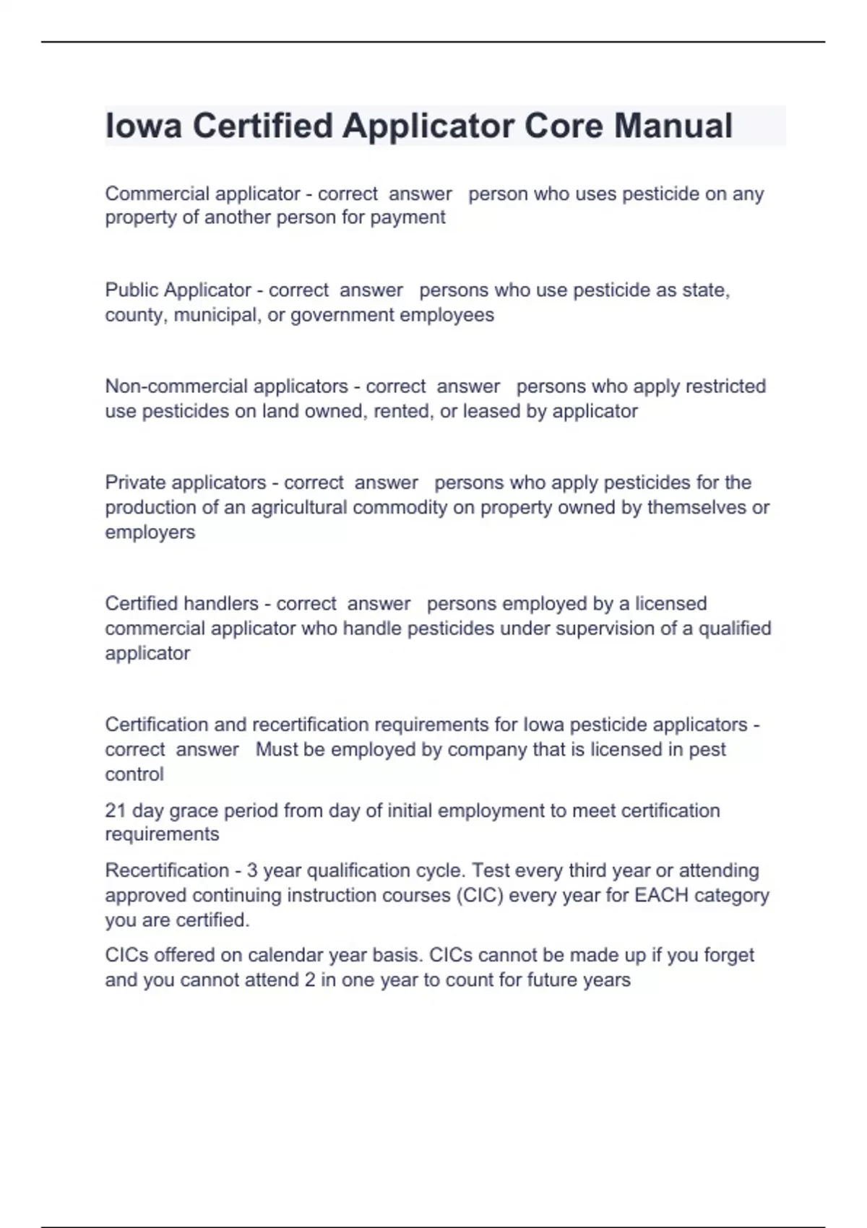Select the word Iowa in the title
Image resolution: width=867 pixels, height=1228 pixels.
[x=143, y=126]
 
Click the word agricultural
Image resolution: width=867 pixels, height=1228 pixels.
[x=299, y=507]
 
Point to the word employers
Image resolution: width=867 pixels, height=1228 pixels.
[x=150, y=532]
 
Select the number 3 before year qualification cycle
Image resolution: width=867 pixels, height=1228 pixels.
[x=251, y=870]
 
